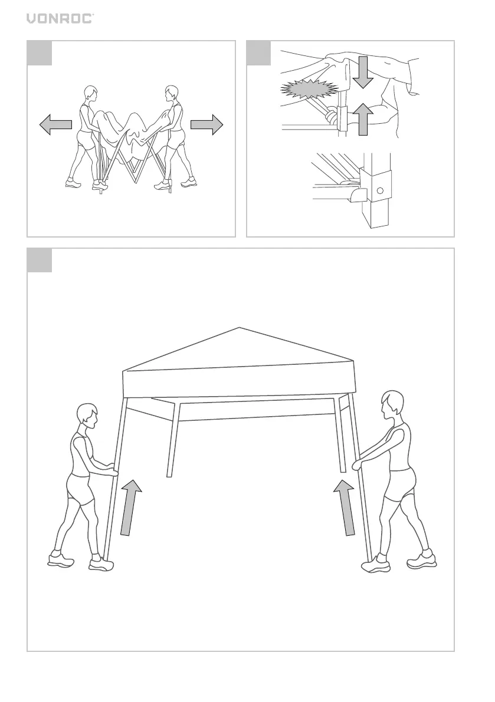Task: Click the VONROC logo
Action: [x=60, y=18]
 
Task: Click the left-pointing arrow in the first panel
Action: [x=55, y=124]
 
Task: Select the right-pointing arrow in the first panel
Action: [x=206, y=124]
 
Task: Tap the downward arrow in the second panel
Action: [x=363, y=72]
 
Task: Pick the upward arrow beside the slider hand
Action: [x=363, y=119]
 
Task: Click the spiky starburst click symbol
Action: [x=309, y=89]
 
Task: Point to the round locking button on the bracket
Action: [x=380, y=191]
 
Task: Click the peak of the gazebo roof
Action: [x=239, y=328]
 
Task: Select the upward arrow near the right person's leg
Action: [x=345, y=507]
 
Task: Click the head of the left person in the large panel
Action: [x=87, y=416]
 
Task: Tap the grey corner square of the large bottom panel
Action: [x=40, y=260]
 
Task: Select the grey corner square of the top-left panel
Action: [x=40, y=53]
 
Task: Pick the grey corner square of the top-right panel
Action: [x=259, y=53]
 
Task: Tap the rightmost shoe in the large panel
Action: [x=421, y=560]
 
